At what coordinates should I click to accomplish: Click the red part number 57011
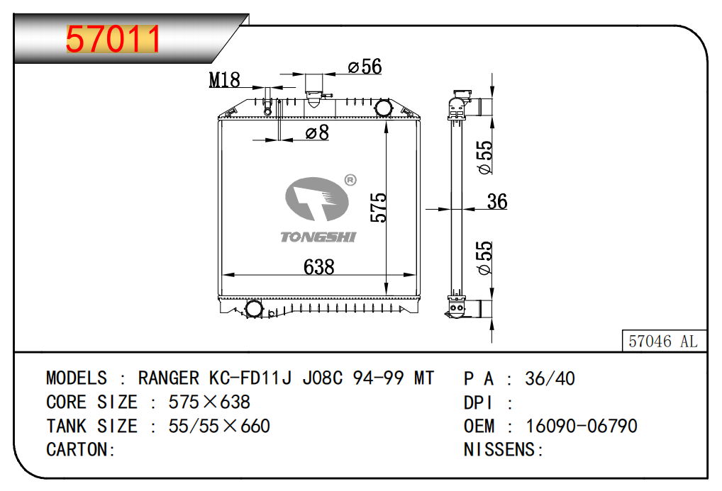(113, 40)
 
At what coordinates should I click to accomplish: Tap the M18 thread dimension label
(224, 80)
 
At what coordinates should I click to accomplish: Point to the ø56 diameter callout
(365, 67)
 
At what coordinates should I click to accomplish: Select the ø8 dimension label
(317, 132)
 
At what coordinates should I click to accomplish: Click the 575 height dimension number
(379, 208)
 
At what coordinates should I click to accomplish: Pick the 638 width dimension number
(318, 267)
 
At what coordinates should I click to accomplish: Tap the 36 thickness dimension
(497, 202)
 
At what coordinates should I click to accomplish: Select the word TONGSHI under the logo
(318, 237)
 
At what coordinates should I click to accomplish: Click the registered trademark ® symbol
(350, 181)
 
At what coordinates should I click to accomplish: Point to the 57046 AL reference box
(663, 342)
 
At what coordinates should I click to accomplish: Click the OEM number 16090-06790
(581, 426)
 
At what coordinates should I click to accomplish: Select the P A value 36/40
(550, 378)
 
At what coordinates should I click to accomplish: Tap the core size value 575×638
(209, 402)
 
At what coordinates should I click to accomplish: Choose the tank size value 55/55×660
(219, 426)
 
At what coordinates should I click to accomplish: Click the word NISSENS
(502, 450)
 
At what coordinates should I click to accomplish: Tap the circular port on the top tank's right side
(383, 108)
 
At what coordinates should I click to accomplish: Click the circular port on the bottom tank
(254, 309)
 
